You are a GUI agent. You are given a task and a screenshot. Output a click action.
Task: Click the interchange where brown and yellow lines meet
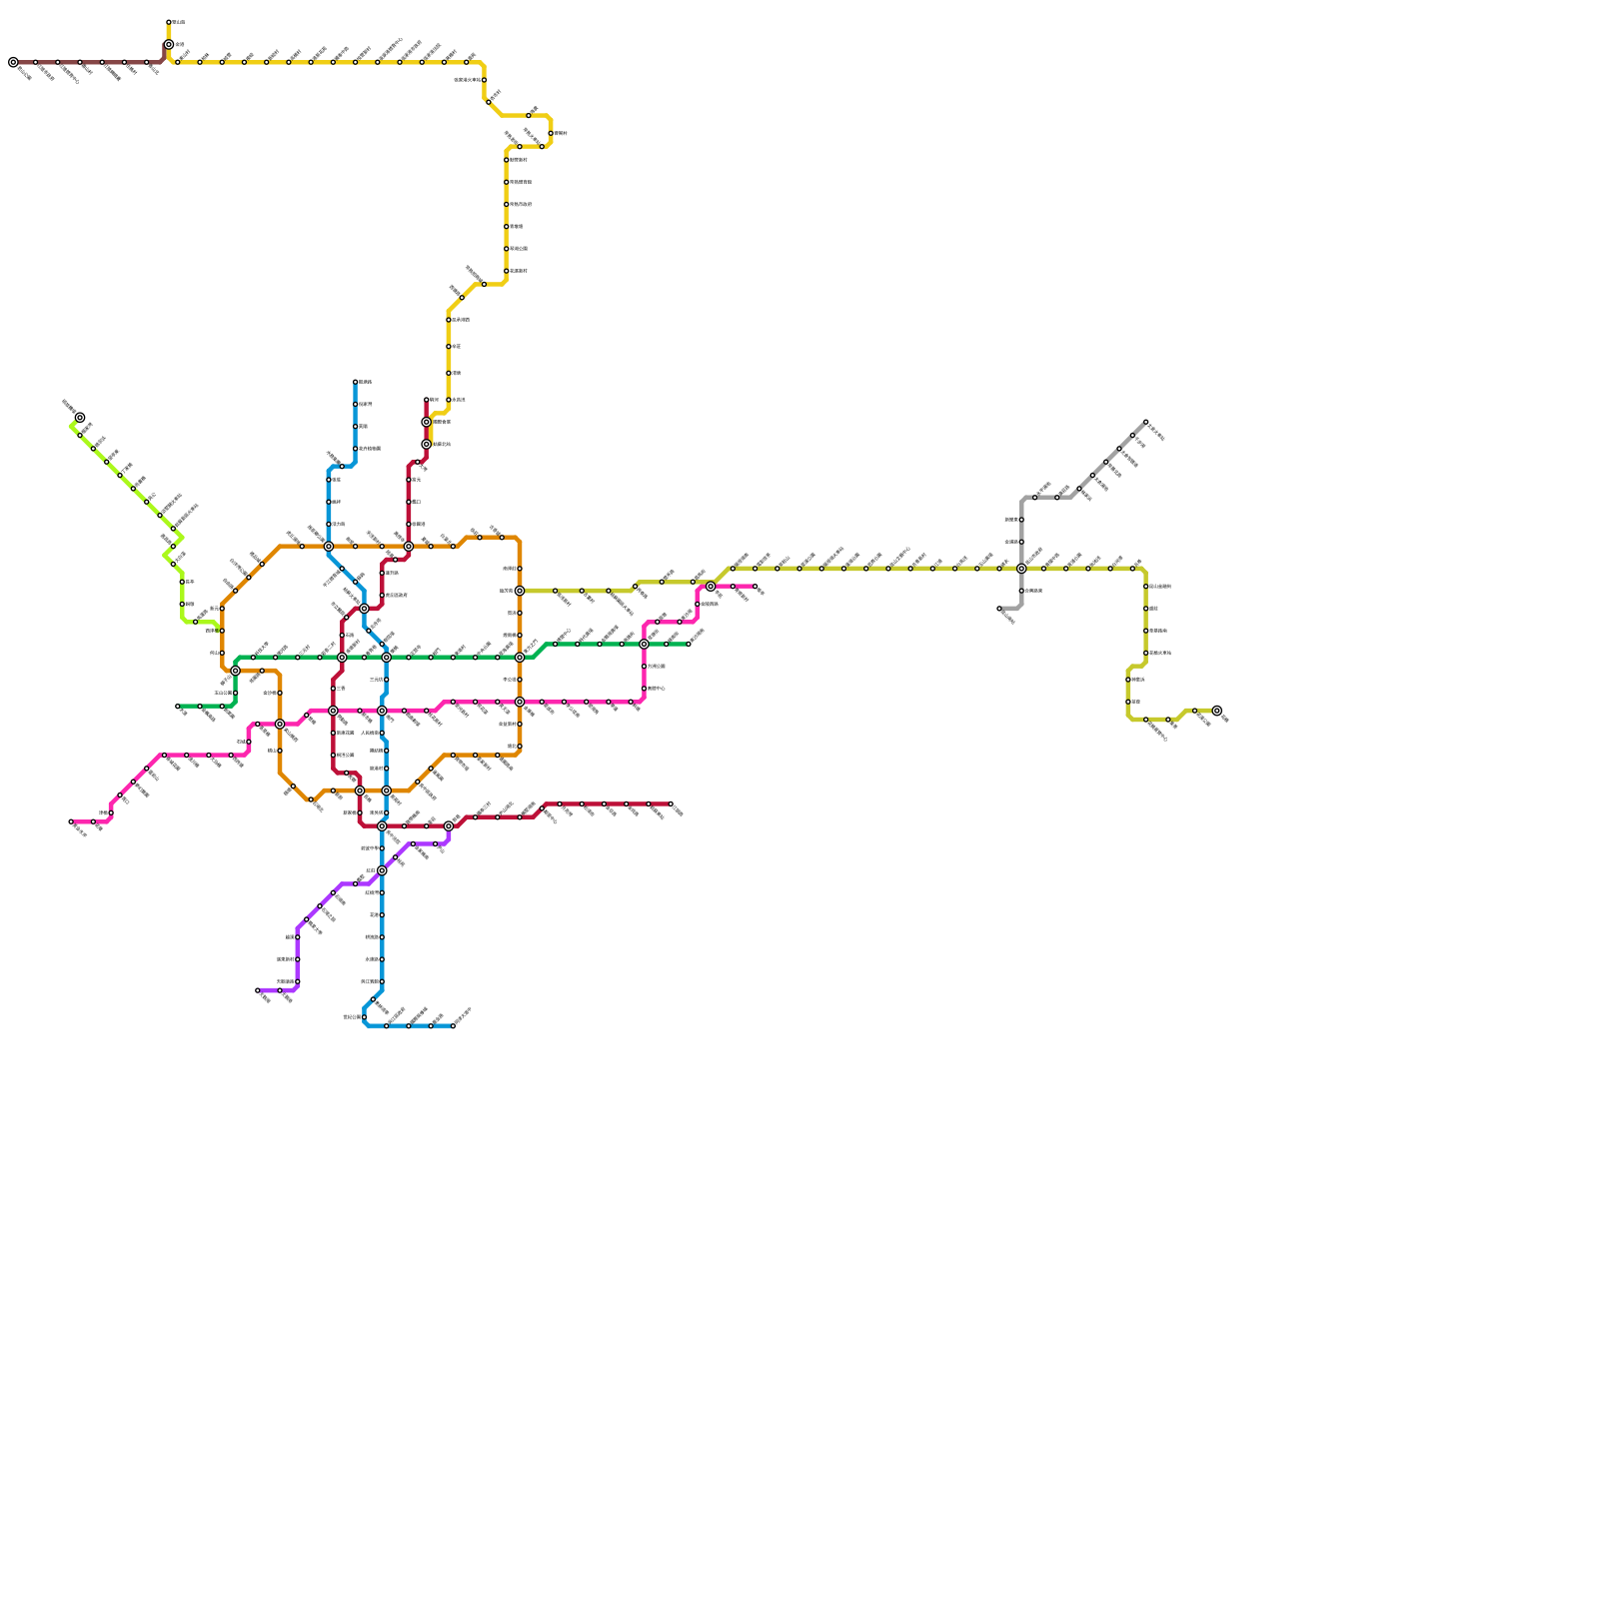(x=169, y=45)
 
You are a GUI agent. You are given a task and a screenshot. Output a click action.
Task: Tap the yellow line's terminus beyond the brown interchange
(x=169, y=22)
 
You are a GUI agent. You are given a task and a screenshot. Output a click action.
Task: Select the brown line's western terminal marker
(x=13, y=62)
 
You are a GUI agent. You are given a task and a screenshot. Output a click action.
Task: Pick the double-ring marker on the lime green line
(x=80, y=418)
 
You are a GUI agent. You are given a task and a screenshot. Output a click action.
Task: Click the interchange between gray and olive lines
(x=1021, y=569)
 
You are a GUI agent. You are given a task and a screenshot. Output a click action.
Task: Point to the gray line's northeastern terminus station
(x=1145, y=422)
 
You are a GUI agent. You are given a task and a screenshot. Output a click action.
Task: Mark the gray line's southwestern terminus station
(x=999, y=608)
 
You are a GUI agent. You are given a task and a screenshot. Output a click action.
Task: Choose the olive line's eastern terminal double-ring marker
(x=1216, y=710)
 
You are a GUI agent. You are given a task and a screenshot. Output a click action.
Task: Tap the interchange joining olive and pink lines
(x=711, y=587)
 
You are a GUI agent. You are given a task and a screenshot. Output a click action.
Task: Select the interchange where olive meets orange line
(x=520, y=591)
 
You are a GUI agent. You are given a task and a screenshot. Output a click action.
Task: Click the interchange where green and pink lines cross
(x=645, y=645)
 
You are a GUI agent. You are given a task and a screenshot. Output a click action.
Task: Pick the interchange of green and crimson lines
(x=342, y=658)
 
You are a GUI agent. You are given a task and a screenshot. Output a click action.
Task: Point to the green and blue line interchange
(x=386, y=658)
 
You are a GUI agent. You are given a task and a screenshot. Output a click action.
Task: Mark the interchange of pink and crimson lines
(x=333, y=711)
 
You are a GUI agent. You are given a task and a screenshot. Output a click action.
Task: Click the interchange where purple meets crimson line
(x=449, y=826)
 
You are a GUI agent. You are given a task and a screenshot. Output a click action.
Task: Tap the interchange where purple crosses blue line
(x=382, y=870)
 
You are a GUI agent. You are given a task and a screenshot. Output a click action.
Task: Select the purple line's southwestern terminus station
(x=258, y=990)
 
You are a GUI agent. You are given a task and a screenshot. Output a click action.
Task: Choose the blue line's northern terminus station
(x=355, y=382)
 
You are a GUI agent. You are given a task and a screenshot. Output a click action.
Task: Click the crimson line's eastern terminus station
(x=671, y=804)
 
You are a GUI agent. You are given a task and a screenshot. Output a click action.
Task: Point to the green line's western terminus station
(x=178, y=707)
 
